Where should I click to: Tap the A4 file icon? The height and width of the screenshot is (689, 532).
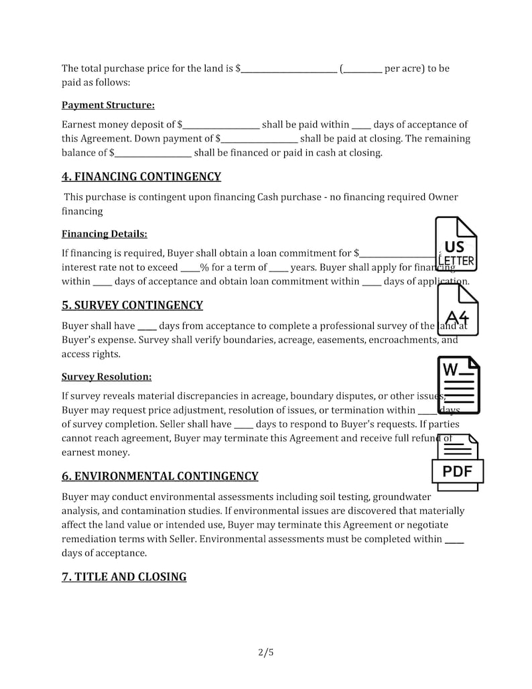(x=457, y=310)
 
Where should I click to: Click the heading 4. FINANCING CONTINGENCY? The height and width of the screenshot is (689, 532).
(x=141, y=177)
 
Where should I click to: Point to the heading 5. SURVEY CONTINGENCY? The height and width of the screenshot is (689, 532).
(x=132, y=306)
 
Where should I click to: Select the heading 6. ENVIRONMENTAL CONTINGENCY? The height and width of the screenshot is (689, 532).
(x=159, y=477)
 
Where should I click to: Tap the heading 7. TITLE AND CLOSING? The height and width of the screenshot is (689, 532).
(x=124, y=577)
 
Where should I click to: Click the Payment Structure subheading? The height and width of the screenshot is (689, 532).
(x=108, y=105)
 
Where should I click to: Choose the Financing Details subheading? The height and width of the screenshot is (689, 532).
(x=104, y=234)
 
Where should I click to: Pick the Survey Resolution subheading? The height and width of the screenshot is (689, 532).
(x=107, y=377)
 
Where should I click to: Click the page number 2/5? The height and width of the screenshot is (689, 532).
(x=266, y=652)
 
